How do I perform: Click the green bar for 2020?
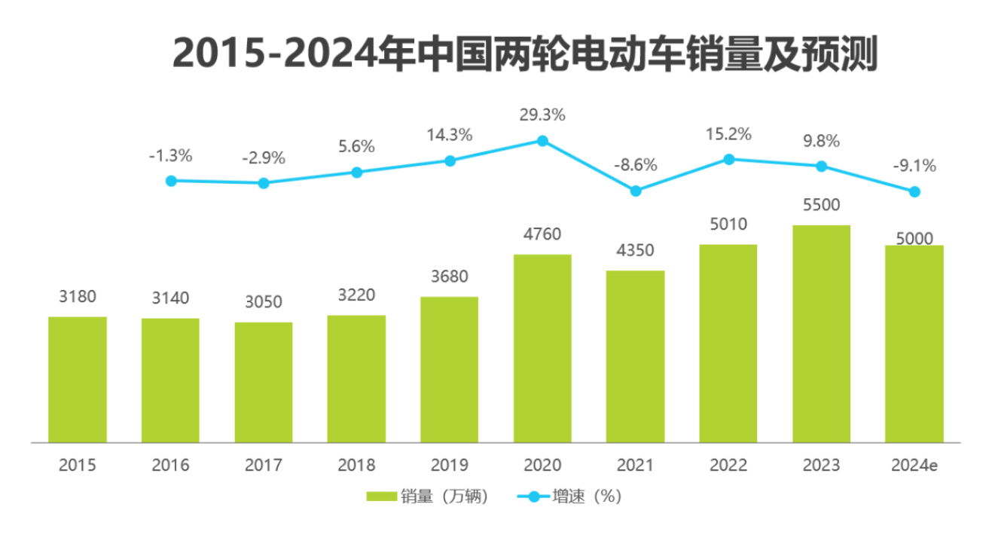(x=542, y=348)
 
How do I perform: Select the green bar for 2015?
(x=78, y=379)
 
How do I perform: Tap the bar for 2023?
(x=821, y=334)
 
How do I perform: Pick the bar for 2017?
(x=264, y=382)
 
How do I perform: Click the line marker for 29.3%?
(x=542, y=141)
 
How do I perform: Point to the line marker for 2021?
(x=636, y=191)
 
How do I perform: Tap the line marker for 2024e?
(x=914, y=192)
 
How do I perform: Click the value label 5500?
(x=821, y=206)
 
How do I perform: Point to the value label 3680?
(x=449, y=277)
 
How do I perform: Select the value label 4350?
(x=636, y=250)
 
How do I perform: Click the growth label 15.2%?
(x=728, y=135)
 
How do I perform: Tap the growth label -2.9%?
(x=264, y=158)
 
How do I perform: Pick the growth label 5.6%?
(x=356, y=147)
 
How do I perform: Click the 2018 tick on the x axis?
(x=356, y=465)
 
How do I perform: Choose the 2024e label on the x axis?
(x=914, y=465)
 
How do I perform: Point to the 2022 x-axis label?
(x=728, y=465)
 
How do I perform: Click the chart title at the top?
(x=525, y=54)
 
